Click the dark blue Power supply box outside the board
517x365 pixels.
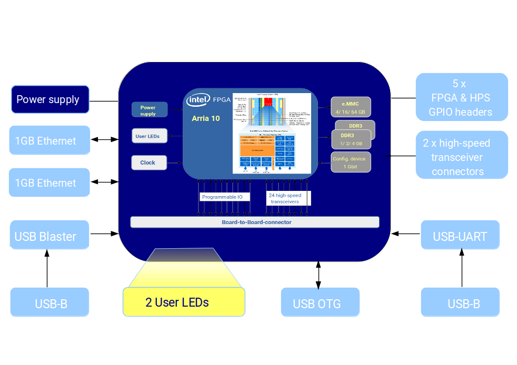[x=50, y=99]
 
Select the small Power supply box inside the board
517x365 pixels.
[x=150, y=110]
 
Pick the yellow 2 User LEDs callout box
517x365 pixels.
[x=184, y=302]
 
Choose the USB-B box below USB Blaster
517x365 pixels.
[x=49, y=303]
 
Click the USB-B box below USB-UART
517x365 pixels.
[x=460, y=303]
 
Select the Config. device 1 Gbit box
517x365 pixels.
[x=351, y=162]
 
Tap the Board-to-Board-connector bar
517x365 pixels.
[x=255, y=222]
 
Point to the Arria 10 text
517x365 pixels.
[x=206, y=118]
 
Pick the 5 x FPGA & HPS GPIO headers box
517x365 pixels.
[x=461, y=97]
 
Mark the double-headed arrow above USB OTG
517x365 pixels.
[x=318, y=274]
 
